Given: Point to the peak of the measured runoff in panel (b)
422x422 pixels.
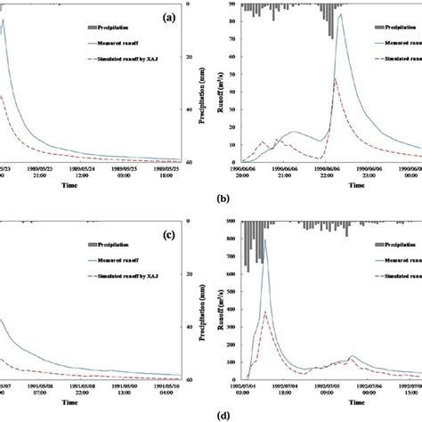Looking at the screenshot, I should pyautogui.click(x=342, y=38).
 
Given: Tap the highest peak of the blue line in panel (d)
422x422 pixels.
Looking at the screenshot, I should pyautogui.click(x=264, y=240).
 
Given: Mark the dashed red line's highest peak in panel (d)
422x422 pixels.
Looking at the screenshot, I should pyautogui.click(x=264, y=312).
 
